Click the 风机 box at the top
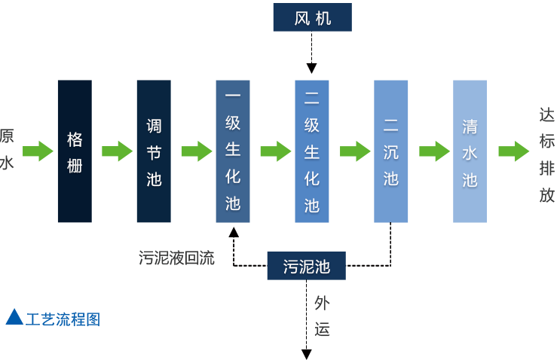(x=312, y=18)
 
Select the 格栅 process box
(x=75, y=151)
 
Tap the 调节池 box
(x=154, y=151)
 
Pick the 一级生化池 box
(x=233, y=151)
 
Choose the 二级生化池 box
(x=312, y=151)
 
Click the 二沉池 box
(x=391, y=151)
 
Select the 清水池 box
(x=470, y=151)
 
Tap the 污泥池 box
(x=306, y=266)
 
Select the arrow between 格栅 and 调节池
(x=117, y=151)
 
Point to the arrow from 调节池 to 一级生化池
(x=196, y=151)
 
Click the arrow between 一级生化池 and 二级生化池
(x=275, y=151)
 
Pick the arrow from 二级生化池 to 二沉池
(x=355, y=151)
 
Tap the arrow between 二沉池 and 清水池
(x=434, y=151)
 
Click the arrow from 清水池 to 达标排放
(x=513, y=151)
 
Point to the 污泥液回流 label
(x=176, y=258)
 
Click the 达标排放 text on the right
(x=547, y=155)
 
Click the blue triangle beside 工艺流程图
(x=14, y=317)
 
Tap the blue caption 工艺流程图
(x=63, y=319)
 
